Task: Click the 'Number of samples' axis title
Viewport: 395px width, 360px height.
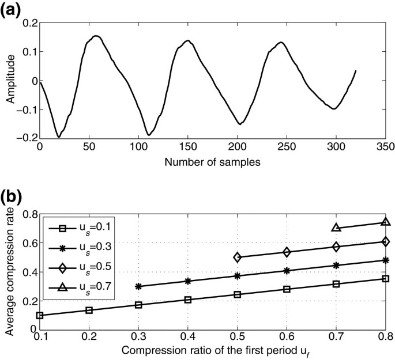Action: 212,163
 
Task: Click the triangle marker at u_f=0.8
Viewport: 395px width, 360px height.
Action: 386,222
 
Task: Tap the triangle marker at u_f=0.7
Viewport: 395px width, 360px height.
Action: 336,228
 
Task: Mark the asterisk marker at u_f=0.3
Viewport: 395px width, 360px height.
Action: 138,286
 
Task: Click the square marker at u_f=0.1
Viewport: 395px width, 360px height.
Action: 39,315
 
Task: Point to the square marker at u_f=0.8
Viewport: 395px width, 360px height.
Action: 386,278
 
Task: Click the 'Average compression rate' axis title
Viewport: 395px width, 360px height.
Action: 10,272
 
